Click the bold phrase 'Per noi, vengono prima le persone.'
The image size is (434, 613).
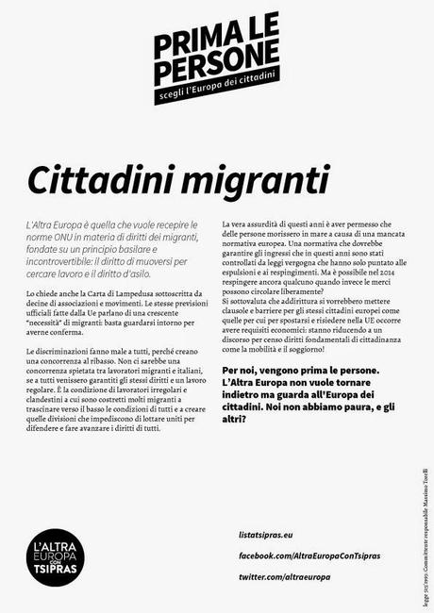(x=300, y=371)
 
